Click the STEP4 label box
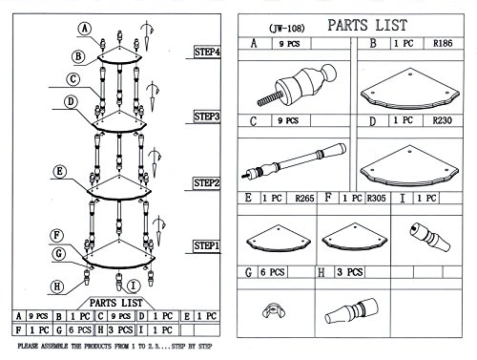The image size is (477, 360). tap(207, 52)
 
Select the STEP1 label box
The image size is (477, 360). tap(207, 246)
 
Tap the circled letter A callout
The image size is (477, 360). tap(85, 29)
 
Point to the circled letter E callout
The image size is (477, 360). tap(60, 172)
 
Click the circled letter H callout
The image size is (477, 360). tap(57, 286)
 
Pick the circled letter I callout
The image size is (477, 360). tap(134, 286)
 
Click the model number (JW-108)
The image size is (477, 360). tap(287, 29)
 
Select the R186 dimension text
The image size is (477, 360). tap(443, 43)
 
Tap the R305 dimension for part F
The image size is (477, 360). tap(376, 199)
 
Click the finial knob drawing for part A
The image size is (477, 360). tap(297, 84)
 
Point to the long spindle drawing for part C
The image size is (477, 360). tap(294, 160)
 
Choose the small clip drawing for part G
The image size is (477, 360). tap(274, 310)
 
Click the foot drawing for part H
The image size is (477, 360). tap(351, 311)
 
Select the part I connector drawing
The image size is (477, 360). tap(430, 237)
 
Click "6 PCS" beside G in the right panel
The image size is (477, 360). tap(273, 272)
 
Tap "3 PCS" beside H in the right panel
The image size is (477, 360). tap(350, 272)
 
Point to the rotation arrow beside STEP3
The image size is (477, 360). tap(153, 95)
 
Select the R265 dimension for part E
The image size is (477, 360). tap(304, 199)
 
